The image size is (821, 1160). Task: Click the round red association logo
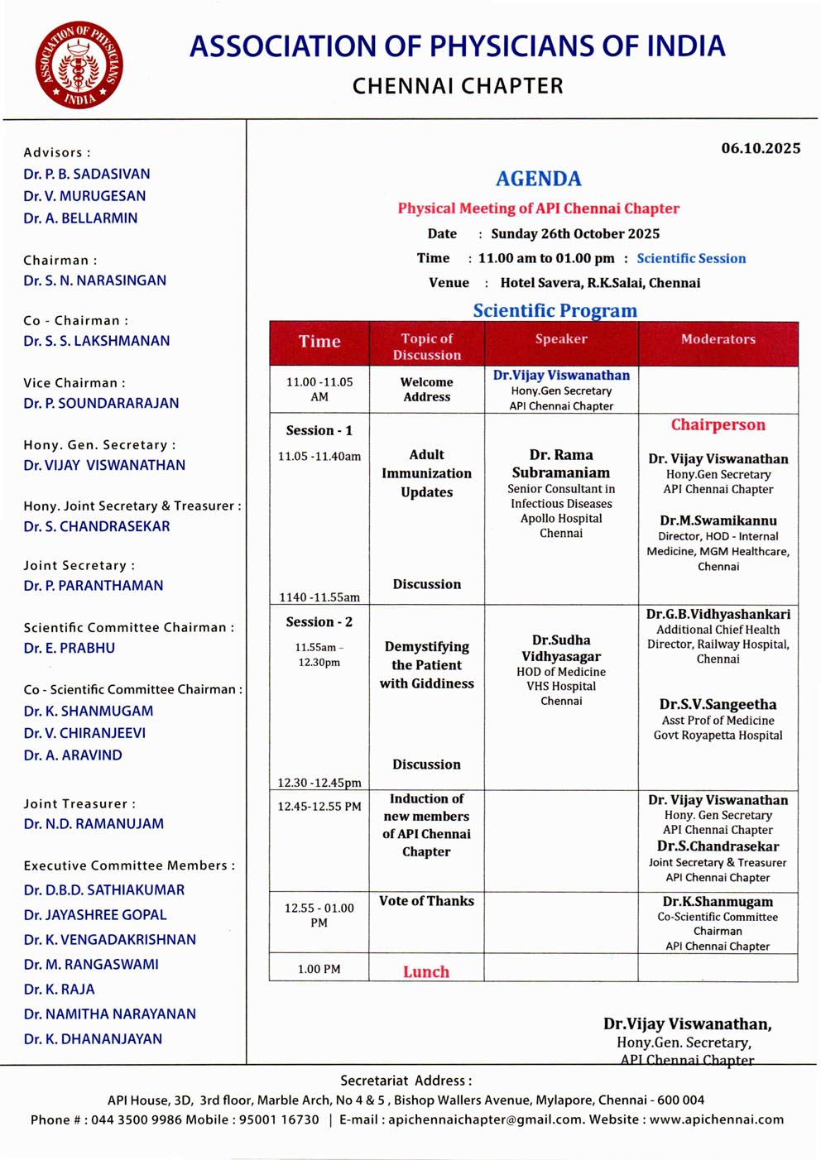tap(79, 65)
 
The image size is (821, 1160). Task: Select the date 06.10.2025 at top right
tap(760, 148)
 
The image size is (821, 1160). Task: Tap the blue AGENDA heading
tap(538, 179)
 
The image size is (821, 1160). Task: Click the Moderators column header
tap(718, 339)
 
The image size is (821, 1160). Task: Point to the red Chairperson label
tap(718, 424)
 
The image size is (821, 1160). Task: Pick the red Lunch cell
tap(426, 971)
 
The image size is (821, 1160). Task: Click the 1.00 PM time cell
tap(319, 969)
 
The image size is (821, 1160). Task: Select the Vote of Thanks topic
tap(426, 901)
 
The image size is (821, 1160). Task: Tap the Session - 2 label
tap(319, 621)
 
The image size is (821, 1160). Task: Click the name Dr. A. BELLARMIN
tap(80, 218)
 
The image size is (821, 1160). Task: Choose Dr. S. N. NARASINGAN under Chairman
tap(94, 280)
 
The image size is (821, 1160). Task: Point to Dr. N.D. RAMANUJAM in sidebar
tap(94, 824)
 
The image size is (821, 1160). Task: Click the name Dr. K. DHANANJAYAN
tap(93, 1039)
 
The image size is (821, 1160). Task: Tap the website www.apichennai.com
tap(716, 1119)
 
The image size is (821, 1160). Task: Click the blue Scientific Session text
tap(691, 258)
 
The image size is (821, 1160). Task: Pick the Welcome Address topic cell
tap(426, 390)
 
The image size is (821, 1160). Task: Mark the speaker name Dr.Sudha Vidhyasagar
tap(561, 648)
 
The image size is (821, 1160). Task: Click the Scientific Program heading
tap(555, 310)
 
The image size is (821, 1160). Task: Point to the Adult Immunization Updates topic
tap(426, 473)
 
